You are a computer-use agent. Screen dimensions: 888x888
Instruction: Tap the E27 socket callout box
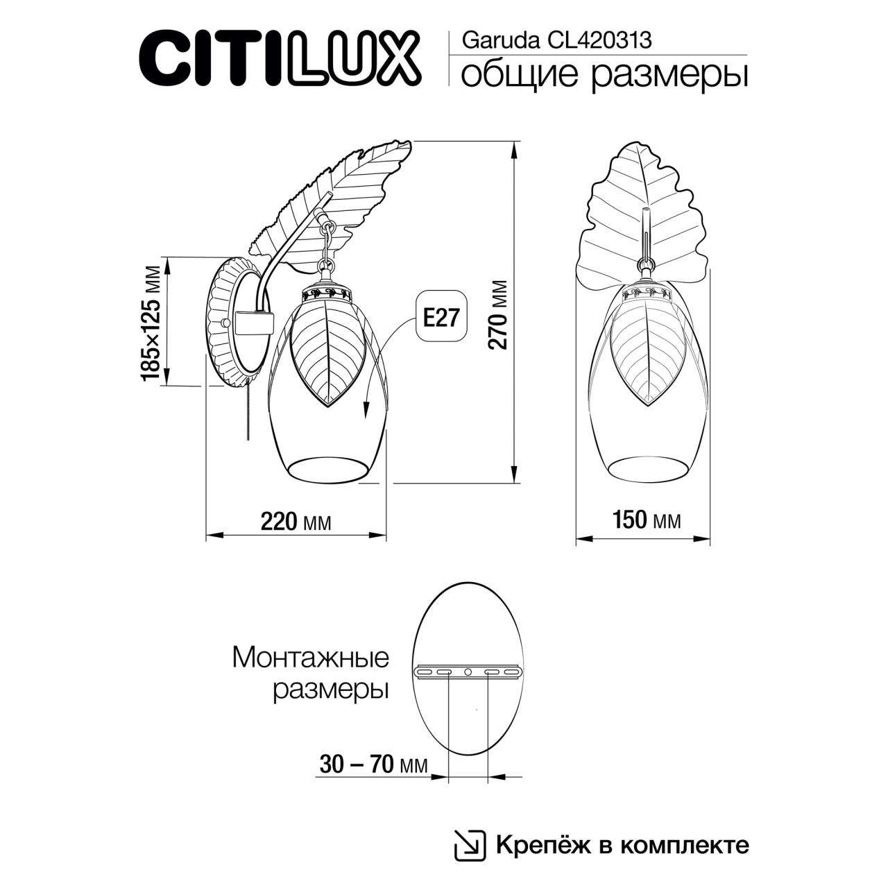coord(441,317)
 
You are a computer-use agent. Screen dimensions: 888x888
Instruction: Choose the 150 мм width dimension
coord(646,520)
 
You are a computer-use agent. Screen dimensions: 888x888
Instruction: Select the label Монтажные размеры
coord(310,673)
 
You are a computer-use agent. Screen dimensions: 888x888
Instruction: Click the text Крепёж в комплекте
coord(622,845)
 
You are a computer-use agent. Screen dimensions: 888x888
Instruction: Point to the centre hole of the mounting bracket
coord(467,672)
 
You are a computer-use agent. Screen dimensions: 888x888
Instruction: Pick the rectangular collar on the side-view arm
coord(254,323)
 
